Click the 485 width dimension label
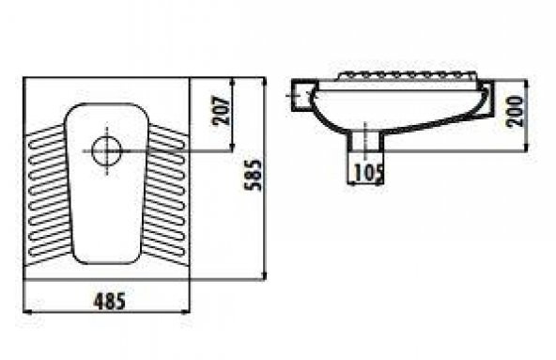point(110,302)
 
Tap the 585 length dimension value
point(254,176)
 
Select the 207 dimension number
point(222,110)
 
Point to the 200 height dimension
point(515,111)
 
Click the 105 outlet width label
point(369,173)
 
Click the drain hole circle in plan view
point(106,151)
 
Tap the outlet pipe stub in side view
point(365,141)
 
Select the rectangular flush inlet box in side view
point(304,96)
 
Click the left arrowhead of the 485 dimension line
point(27,312)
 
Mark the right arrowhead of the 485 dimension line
point(185,312)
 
